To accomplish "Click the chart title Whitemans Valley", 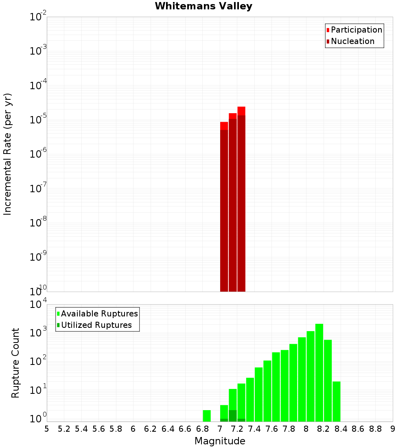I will coord(203,7).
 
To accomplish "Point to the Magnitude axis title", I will coord(220,441).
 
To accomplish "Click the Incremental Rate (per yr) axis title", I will coord(8,154).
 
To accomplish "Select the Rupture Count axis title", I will coord(15,362).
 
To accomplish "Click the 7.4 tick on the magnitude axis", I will coord(254,429).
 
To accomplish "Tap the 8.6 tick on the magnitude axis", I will coord(358,429).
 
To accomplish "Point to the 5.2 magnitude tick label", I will coord(64,429).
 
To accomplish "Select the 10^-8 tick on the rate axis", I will coord(39,223).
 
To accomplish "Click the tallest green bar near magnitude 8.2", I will coord(319,373).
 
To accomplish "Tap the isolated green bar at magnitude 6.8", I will coord(207,415).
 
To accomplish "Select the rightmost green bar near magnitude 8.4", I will coord(336,401).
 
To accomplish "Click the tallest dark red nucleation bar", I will coord(241,204).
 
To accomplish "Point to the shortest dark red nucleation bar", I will coord(224,212).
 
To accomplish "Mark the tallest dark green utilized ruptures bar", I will coord(233,416).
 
